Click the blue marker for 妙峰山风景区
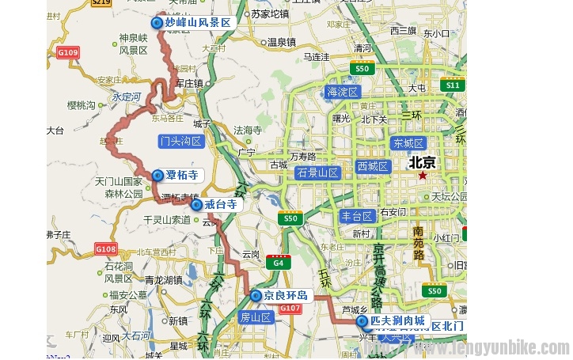pos(157,23)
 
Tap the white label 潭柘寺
pos(181,175)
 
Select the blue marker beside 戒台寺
pos(196,205)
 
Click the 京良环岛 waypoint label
pos(286,295)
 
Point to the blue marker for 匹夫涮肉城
pos(362,322)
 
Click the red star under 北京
pos(423,175)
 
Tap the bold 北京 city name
pos(422,162)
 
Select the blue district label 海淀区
pos(343,92)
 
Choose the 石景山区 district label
pos(317,172)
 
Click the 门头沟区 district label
pos(181,142)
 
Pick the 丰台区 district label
pos(356,216)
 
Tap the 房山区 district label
pos(255,317)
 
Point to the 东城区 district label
pos(408,143)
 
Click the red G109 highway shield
pos(69,53)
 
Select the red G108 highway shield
pos(106,249)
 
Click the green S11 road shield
pos(452,85)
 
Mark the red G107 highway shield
pos(290,308)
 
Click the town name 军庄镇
pos(189,82)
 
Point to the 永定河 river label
pos(126,97)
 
